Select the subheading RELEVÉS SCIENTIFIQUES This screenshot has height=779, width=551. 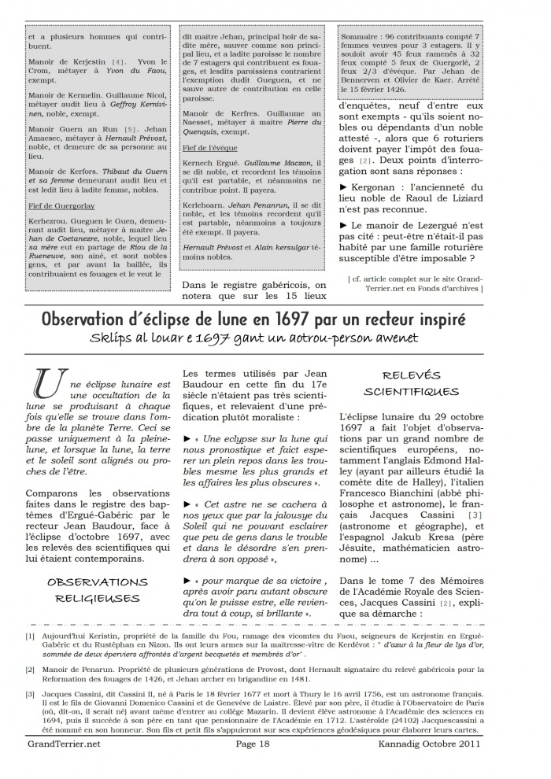(411, 383)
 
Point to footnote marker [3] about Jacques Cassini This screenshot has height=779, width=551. (30, 693)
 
